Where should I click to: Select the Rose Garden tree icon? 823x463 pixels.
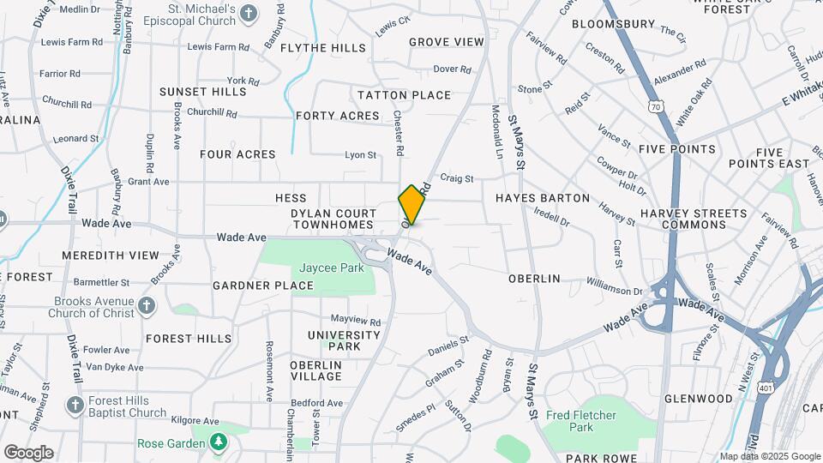(x=220, y=442)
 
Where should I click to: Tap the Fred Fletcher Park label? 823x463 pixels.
(x=581, y=421)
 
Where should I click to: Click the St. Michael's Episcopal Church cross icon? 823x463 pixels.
(x=249, y=14)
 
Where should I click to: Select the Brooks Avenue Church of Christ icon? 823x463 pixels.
(x=147, y=306)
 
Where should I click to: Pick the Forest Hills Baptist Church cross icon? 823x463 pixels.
(x=75, y=406)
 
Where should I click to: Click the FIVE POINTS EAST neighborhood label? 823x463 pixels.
(x=769, y=158)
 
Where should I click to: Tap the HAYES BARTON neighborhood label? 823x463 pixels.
(x=543, y=198)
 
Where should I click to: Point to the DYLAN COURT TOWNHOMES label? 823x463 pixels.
(x=333, y=219)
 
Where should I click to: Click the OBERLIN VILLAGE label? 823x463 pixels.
(x=315, y=370)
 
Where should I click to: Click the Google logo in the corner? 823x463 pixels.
(x=28, y=453)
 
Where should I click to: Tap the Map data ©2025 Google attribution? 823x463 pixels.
(x=770, y=456)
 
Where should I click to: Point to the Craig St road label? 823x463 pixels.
(x=457, y=178)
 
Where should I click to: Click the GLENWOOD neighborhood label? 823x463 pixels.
(x=699, y=399)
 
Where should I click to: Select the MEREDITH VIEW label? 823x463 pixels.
(x=111, y=255)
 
